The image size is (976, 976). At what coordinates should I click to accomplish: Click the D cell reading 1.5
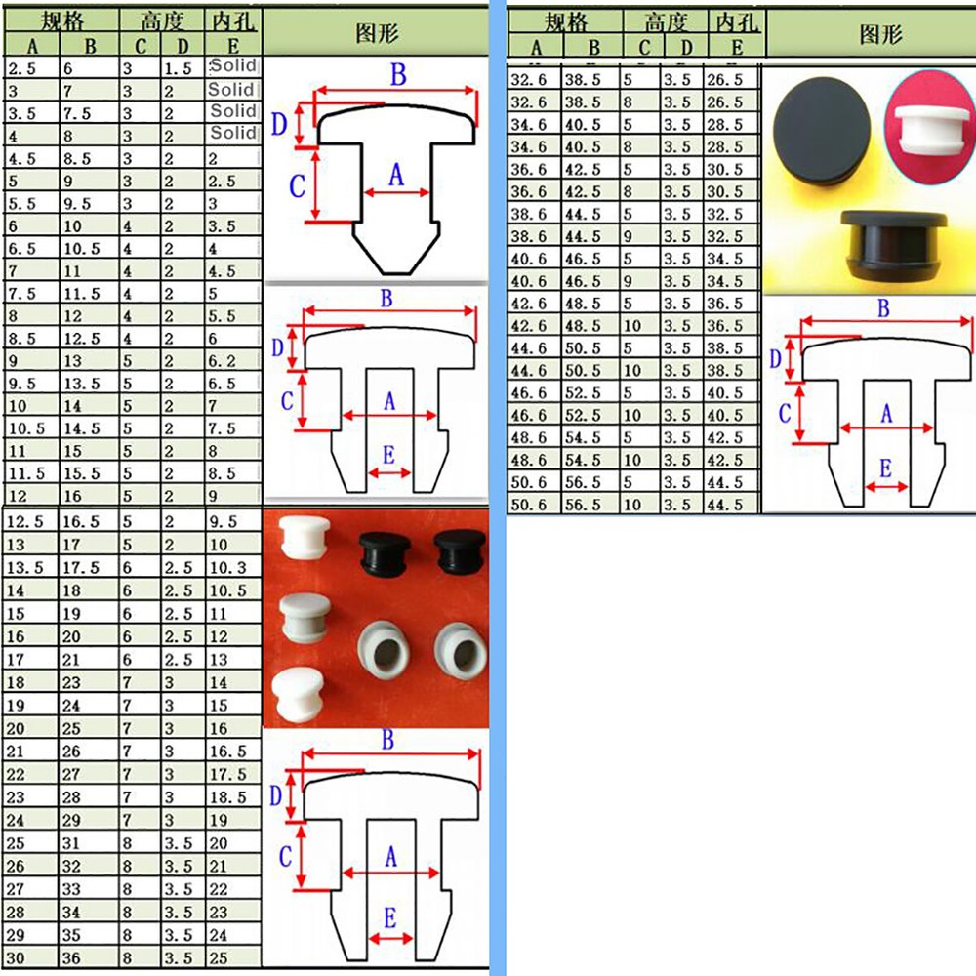[x=178, y=68]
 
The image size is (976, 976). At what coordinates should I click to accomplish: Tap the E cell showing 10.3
[x=227, y=568]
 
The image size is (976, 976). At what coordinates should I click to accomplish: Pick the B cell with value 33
[x=71, y=889]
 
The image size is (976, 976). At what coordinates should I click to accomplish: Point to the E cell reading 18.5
[x=227, y=797]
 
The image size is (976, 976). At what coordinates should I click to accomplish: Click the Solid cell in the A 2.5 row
[x=233, y=66]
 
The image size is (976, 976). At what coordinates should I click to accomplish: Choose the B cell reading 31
[x=71, y=843]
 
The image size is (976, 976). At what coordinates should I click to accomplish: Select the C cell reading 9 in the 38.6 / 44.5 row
[x=628, y=236]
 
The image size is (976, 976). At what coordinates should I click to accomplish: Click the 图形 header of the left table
[x=377, y=33]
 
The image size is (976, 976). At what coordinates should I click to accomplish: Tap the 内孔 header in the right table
[x=737, y=22]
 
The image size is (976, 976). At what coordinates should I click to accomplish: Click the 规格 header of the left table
[x=62, y=21]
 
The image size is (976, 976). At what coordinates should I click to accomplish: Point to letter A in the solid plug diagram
[x=396, y=175]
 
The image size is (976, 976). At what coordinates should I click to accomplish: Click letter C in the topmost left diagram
[x=297, y=185]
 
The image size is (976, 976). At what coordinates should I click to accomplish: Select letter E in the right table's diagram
[x=886, y=468]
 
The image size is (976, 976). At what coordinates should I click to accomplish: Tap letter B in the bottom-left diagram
[x=387, y=740]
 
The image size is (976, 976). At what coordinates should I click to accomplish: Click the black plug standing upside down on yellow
[x=893, y=245]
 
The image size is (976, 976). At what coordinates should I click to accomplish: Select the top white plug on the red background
[x=304, y=537]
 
